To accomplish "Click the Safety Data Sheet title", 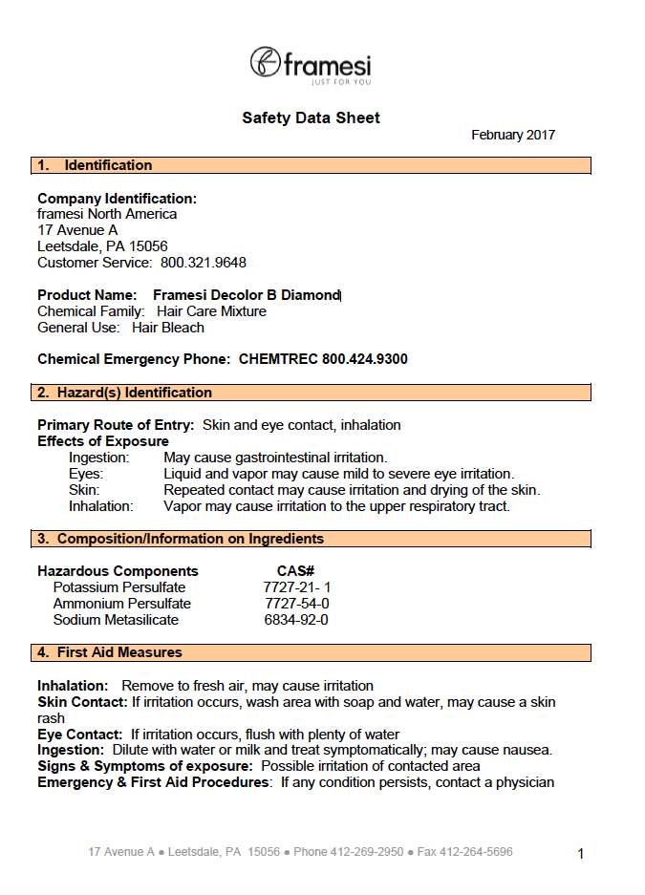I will coord(311,118).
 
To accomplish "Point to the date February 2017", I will coord(513,136).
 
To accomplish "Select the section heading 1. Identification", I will coord(95,165).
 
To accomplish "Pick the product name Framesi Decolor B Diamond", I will coord(247,296).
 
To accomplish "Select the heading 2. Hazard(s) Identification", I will coord(125,393).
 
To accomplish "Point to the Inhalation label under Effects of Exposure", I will coord(101,506).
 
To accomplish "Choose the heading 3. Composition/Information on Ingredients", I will coord(181,539).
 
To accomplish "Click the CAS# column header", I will coord(296,571).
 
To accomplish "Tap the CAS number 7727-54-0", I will coord(297,604).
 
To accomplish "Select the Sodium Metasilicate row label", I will coord(116,620).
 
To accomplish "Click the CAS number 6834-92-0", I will coord(296,620).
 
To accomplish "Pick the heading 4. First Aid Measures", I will coord(110,652).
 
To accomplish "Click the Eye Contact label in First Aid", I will coord(80,735).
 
